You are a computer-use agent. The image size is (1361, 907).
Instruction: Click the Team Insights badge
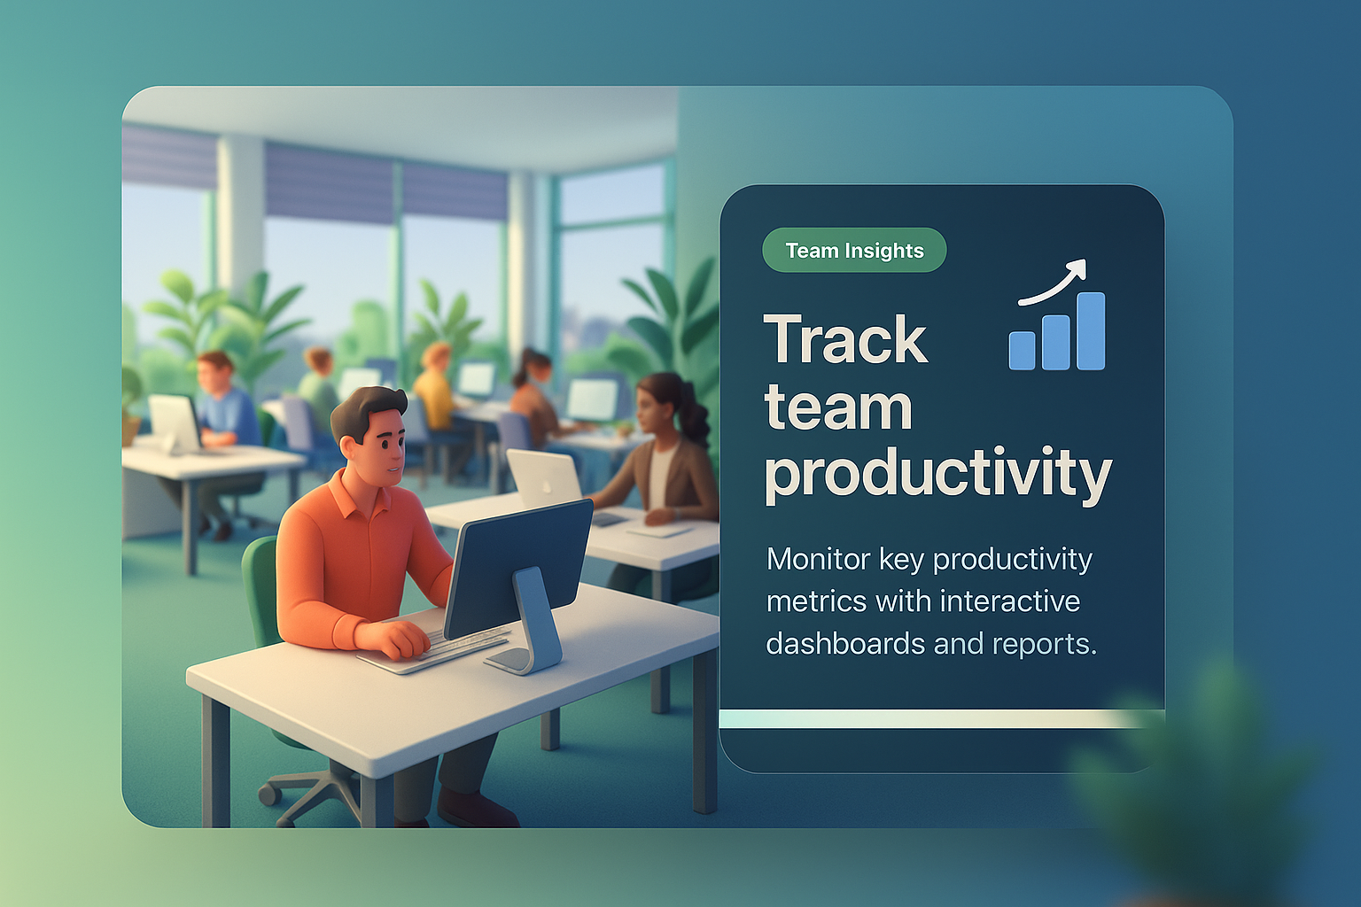[x=854, y=251]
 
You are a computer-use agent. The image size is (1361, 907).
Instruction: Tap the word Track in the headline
[x=845, y=339]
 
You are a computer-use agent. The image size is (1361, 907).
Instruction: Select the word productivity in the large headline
[x=938, y=475]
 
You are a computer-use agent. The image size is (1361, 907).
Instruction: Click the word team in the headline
[x=838, y=407]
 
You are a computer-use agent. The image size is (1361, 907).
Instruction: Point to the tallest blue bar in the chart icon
[x=1092, y=331]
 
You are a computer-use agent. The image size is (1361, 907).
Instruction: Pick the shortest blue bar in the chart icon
[x=1022, y=351]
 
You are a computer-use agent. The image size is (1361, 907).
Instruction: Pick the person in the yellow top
[x=434, y=389]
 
